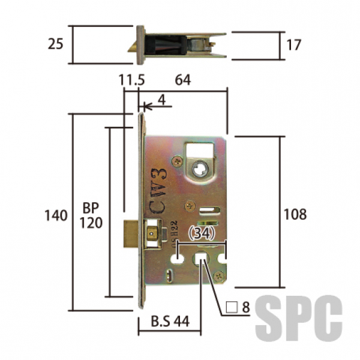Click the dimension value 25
tap(55, 44)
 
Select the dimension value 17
tap(293, 45)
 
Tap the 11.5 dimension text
tap(131, 80)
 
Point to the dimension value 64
tap(183, 80)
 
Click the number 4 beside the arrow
tap(162, 100)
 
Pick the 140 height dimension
tap(56, 215)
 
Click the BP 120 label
tap(91, 215)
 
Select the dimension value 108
tap(295, 214)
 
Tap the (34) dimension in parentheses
tap(202, 233)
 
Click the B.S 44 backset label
tap(170, 321)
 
